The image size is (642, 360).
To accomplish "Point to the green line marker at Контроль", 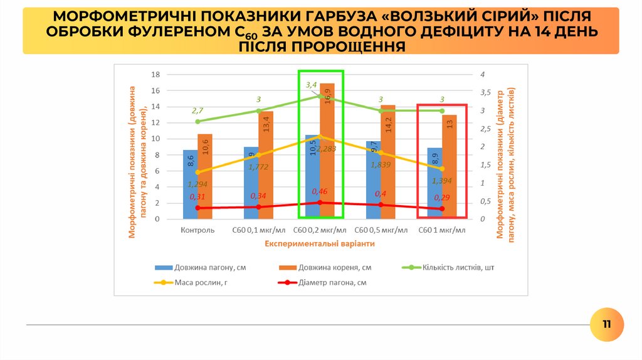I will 197,122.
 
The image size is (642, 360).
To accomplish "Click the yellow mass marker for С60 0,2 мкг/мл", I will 320,137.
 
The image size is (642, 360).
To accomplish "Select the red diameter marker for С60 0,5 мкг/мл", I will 381,205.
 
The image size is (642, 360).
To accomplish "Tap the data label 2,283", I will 326,149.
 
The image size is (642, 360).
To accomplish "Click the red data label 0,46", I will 320,191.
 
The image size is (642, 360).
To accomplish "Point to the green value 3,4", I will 311,85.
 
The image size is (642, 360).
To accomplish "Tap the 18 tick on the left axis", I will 156,74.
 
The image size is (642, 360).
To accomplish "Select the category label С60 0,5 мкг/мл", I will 381,230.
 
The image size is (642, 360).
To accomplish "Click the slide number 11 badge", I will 606,324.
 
